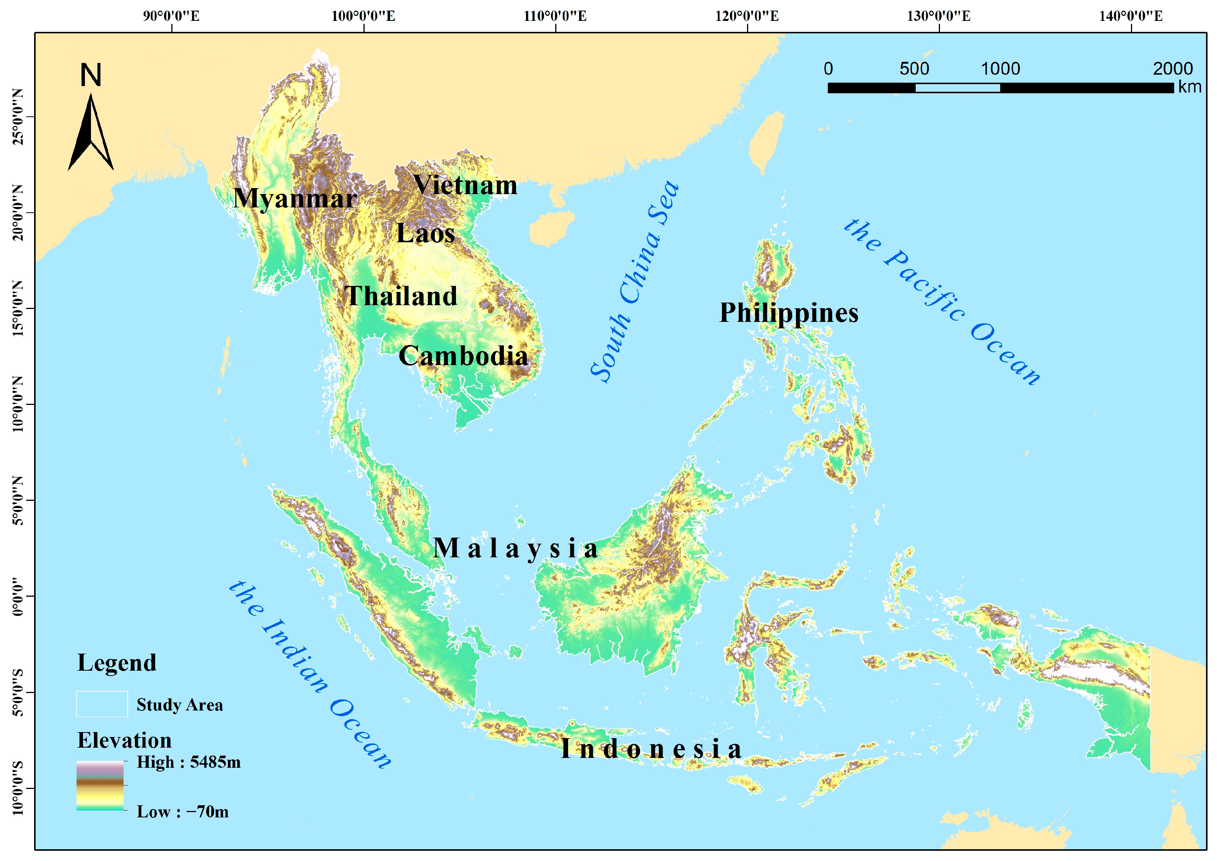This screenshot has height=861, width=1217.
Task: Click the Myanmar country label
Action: coord(295,199)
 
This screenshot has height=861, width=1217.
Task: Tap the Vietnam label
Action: coord(465,185)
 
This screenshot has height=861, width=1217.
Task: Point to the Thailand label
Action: coord(401,296)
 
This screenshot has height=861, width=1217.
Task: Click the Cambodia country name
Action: coord(463,356)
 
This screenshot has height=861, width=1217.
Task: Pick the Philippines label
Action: coord(788,313)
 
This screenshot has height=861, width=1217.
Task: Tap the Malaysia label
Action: coord(515,548)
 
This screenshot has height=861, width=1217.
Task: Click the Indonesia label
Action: coord(651,749)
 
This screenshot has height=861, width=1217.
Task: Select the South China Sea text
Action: coord(635,281)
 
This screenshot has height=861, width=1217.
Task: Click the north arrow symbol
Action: coord(91,133)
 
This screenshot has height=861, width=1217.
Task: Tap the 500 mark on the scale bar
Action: coord(914,69)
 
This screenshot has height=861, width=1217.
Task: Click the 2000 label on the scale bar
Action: coord(1173,69)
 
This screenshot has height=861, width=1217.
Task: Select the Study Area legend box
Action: coord(102,704)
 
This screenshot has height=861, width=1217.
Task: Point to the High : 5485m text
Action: coord(188,762)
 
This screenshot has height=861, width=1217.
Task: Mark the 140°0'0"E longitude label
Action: coord(1131,16)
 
